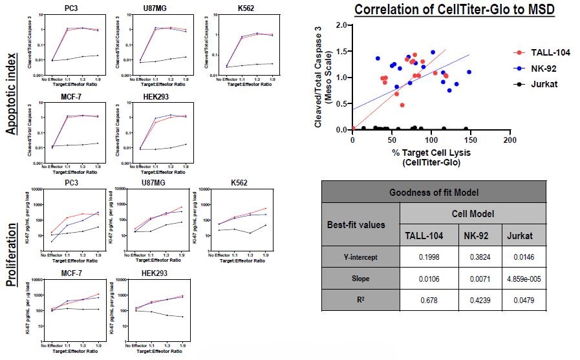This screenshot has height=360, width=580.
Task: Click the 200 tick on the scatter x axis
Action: [510, 140]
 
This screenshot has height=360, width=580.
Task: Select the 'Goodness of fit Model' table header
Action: [433, 192]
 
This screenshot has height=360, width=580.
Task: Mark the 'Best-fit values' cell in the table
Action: [360, 225]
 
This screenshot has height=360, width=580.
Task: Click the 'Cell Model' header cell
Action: [473, 213]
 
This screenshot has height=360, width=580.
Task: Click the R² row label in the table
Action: [360, 300]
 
